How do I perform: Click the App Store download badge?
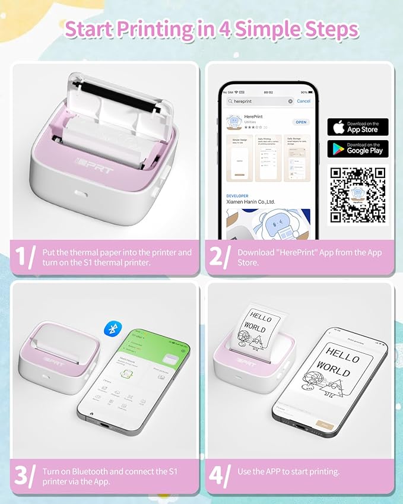(x=358, y=127)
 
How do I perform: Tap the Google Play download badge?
(x=358, y=148)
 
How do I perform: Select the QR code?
(x=358, y=195)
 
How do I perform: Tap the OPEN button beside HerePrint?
(x=301, y=122)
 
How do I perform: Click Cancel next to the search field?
(x=303, y=101)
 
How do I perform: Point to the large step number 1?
(x=24, y=257)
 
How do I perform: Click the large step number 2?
(x=219, y=257)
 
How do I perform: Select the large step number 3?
(x=24, y=476)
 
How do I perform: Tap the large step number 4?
(x=219, y=476)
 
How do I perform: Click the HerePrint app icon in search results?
(x=235, y=122)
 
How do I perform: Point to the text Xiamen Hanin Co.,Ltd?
(x=250, y=202)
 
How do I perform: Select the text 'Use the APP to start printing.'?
(x=288, y=471)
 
